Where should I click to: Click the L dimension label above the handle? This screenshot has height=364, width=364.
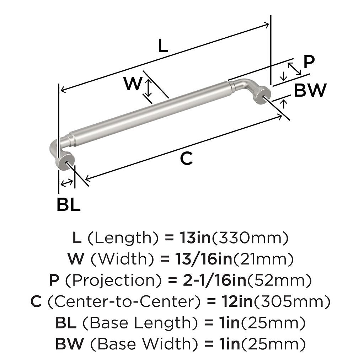tap(163, 45)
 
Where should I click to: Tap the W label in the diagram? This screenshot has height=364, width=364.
tap(133, 84)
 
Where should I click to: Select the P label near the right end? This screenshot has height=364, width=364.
tap(309, 62)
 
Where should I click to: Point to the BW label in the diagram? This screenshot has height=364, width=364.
tap(310, 90)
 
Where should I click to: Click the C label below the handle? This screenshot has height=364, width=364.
tap(186, 158)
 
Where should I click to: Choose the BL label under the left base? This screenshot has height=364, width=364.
tap(69, 204)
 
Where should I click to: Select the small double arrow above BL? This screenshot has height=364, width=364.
tap(66, 183)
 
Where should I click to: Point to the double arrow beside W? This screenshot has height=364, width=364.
tap(148, 87)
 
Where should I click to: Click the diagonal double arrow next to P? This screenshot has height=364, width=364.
tap(294, 69)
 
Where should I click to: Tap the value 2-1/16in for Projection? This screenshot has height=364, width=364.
tap(214, 280)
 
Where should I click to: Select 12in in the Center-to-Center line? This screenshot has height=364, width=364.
tap(236, 301)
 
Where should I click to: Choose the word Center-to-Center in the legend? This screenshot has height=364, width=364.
tap(124, 301)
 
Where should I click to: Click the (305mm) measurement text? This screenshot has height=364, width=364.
tap(291, 302)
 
